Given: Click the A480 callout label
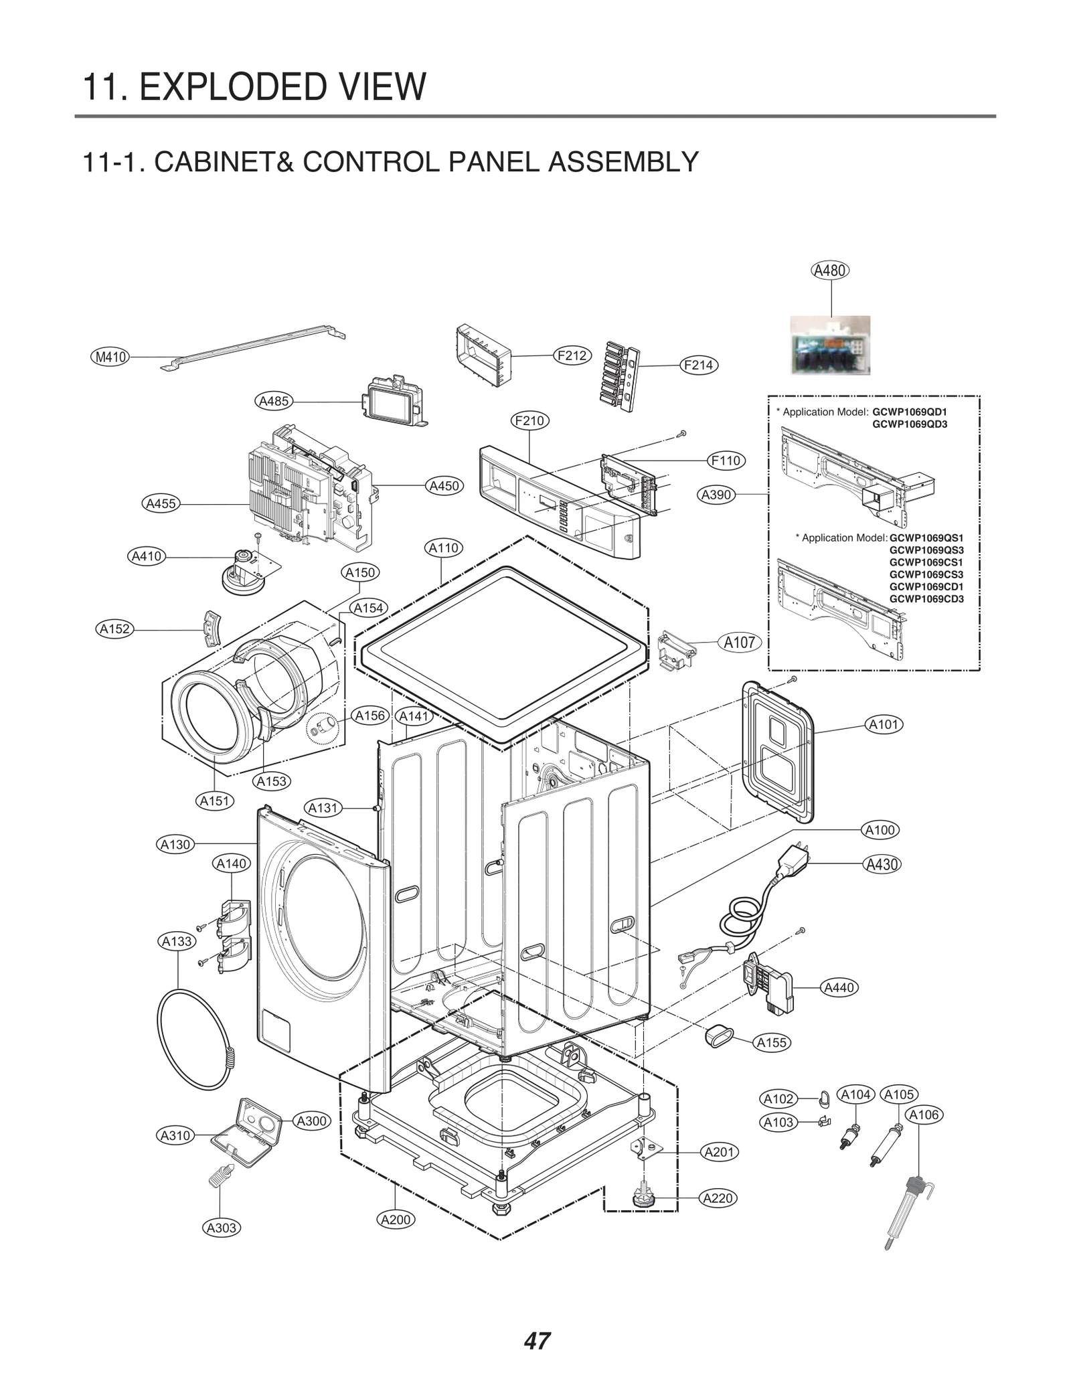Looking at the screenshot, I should point(830,270).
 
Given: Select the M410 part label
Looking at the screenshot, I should point(110,357).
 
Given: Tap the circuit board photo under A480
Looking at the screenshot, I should point(830,345).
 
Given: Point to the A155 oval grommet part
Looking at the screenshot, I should point(715,1038).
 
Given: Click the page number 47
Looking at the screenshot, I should point(537,1341).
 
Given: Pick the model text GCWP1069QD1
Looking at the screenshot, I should point(910,412).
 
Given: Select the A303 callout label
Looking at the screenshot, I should point(221,1228).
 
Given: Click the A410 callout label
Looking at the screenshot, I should point(147,556).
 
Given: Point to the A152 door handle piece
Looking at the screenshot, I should point(213,629).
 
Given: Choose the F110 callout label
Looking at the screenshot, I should point(726,461).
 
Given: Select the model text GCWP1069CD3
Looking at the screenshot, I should point(926,599).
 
